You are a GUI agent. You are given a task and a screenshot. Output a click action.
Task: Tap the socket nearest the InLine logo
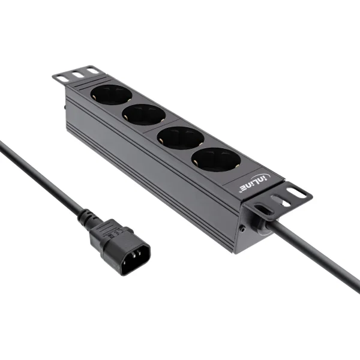tap(215, 160)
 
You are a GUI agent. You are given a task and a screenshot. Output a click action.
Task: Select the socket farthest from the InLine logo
tap(110, 94)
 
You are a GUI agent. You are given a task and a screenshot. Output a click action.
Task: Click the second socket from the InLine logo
tap(180, 137)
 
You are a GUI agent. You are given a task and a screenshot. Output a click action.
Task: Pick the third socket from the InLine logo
tap(144, 114)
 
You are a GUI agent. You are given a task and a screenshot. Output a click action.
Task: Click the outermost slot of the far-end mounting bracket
tap(62, 77)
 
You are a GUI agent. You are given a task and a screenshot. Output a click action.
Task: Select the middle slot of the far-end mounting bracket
tap(77, 74)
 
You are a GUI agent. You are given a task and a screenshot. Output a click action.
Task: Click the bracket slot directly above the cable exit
tap(263, 209)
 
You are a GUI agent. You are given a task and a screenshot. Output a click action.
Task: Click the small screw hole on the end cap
tap(242, 229)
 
